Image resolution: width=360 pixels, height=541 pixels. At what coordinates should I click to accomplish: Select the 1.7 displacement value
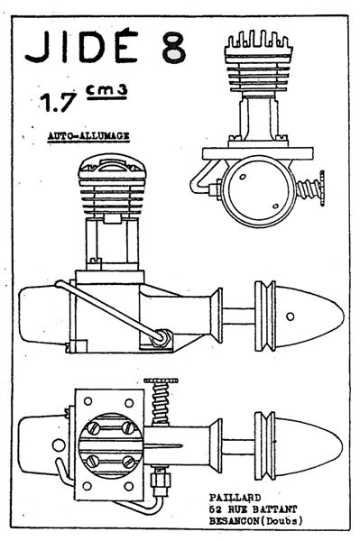58,102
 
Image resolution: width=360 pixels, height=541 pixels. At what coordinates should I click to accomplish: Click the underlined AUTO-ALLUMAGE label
88,135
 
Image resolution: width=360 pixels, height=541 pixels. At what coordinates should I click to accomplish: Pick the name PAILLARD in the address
235,497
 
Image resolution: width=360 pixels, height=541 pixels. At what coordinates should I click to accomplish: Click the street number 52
215,509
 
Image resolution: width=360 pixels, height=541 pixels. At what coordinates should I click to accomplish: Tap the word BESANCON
234,520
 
